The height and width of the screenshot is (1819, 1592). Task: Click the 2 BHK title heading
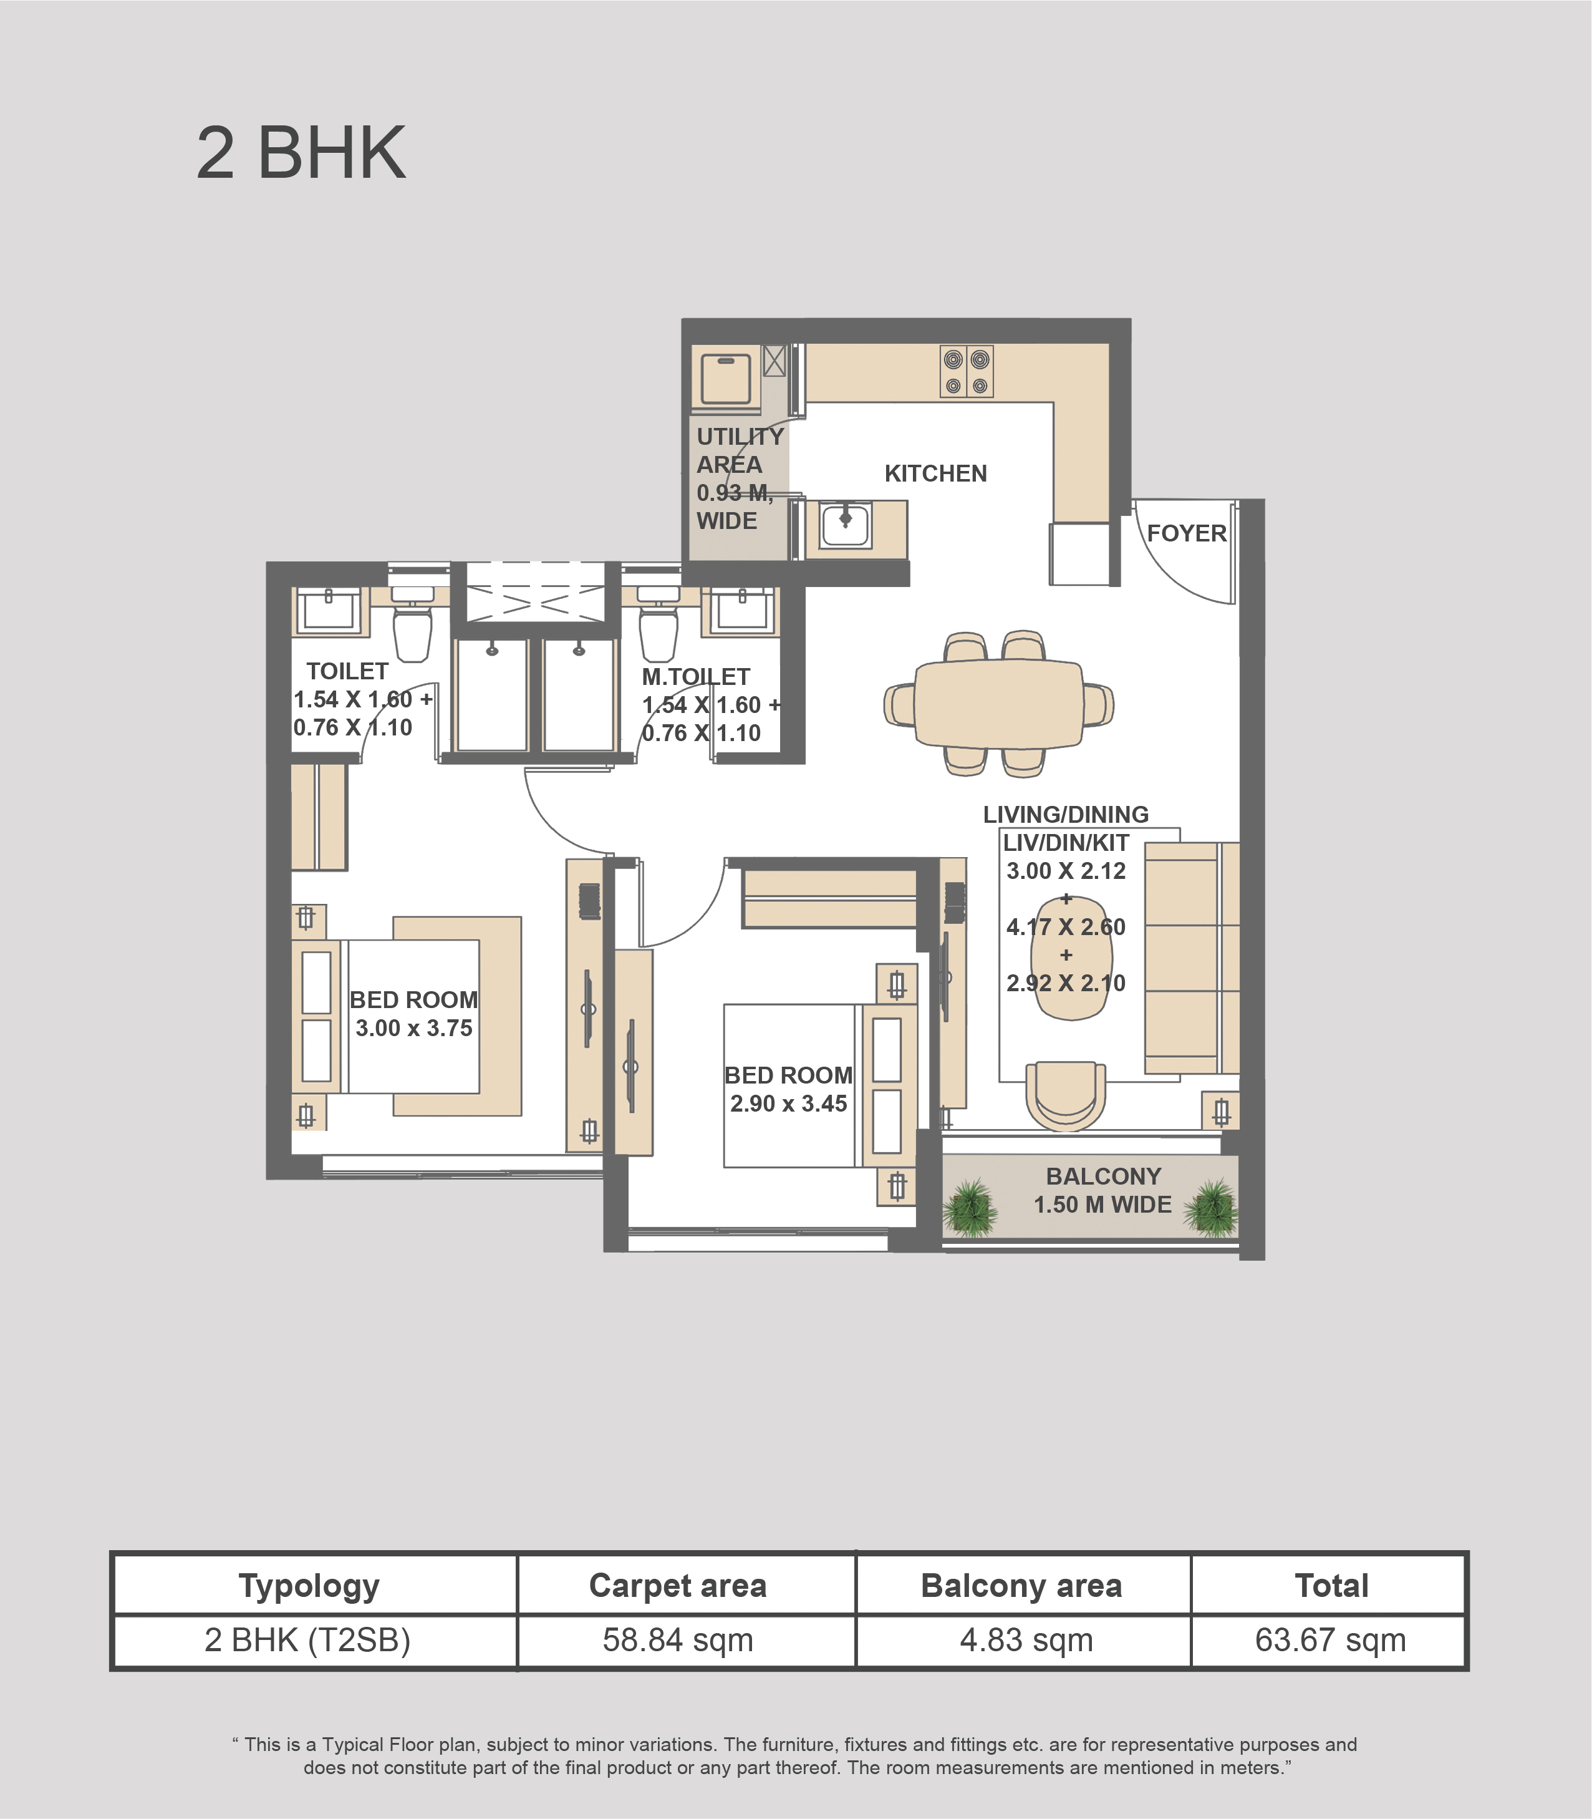point(301,153)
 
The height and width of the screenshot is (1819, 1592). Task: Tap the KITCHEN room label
point(935,473)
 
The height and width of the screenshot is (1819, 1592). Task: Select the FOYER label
point(1186,533)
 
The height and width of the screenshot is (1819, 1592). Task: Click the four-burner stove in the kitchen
point(967,371)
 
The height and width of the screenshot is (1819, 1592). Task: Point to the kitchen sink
point(846,525)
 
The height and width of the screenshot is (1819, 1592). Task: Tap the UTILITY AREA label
point(739,450)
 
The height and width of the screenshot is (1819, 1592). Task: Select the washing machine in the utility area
point(726,379)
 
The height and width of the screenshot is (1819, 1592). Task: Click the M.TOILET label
point(696,677)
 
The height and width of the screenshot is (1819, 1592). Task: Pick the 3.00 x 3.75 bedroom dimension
point(414,1028)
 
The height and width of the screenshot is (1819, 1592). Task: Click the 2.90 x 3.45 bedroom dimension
point(789,1104)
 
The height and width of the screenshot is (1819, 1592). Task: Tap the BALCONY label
point(1103,1176)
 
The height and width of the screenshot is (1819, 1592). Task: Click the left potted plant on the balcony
point(970,1208)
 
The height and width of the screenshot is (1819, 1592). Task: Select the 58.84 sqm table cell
point(678,1641)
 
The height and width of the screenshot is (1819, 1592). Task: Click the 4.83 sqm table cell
point(1026,1641)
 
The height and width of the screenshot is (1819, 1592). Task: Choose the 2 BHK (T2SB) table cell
point(307,1641)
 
